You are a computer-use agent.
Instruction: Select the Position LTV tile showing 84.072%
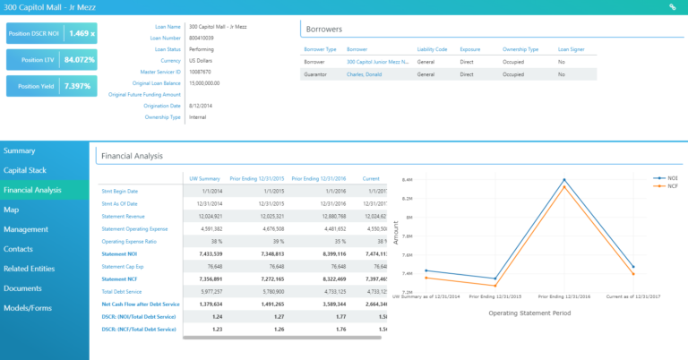[73, 60]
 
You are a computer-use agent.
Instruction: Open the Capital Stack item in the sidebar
[26, 170]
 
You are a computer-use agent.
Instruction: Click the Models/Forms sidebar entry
[28, 308]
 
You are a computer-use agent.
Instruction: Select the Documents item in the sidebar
[22, 288]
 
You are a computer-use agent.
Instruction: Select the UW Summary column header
[202, 178]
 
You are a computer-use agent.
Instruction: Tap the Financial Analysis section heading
[132, 156]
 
